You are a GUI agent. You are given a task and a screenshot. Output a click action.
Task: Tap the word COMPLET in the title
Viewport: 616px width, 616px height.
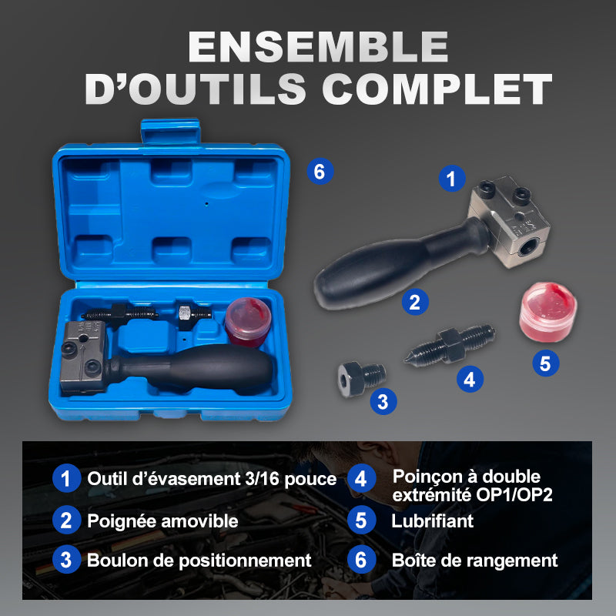pos(437,89)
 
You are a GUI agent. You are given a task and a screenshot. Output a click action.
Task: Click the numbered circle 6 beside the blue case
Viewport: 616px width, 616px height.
pos(320,172)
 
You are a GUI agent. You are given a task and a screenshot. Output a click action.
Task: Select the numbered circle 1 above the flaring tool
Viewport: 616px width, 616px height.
pos(452,179)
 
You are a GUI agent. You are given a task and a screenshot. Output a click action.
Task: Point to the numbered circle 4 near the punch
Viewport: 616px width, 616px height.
pos(469,378)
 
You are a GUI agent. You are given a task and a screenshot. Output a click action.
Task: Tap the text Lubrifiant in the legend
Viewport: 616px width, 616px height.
pos(432,521)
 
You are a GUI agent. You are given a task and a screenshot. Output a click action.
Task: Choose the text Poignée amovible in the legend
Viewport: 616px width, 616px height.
pos(162,521)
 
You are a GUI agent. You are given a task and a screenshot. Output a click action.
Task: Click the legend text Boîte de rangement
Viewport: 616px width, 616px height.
pos(474,561)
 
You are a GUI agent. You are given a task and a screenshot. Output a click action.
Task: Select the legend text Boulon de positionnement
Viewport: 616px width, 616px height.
pos(199,561)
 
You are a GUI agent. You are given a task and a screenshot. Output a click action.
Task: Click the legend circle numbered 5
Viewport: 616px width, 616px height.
pos(360,520)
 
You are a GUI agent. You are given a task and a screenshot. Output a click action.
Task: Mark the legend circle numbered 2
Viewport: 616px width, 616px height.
pos(66,520)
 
